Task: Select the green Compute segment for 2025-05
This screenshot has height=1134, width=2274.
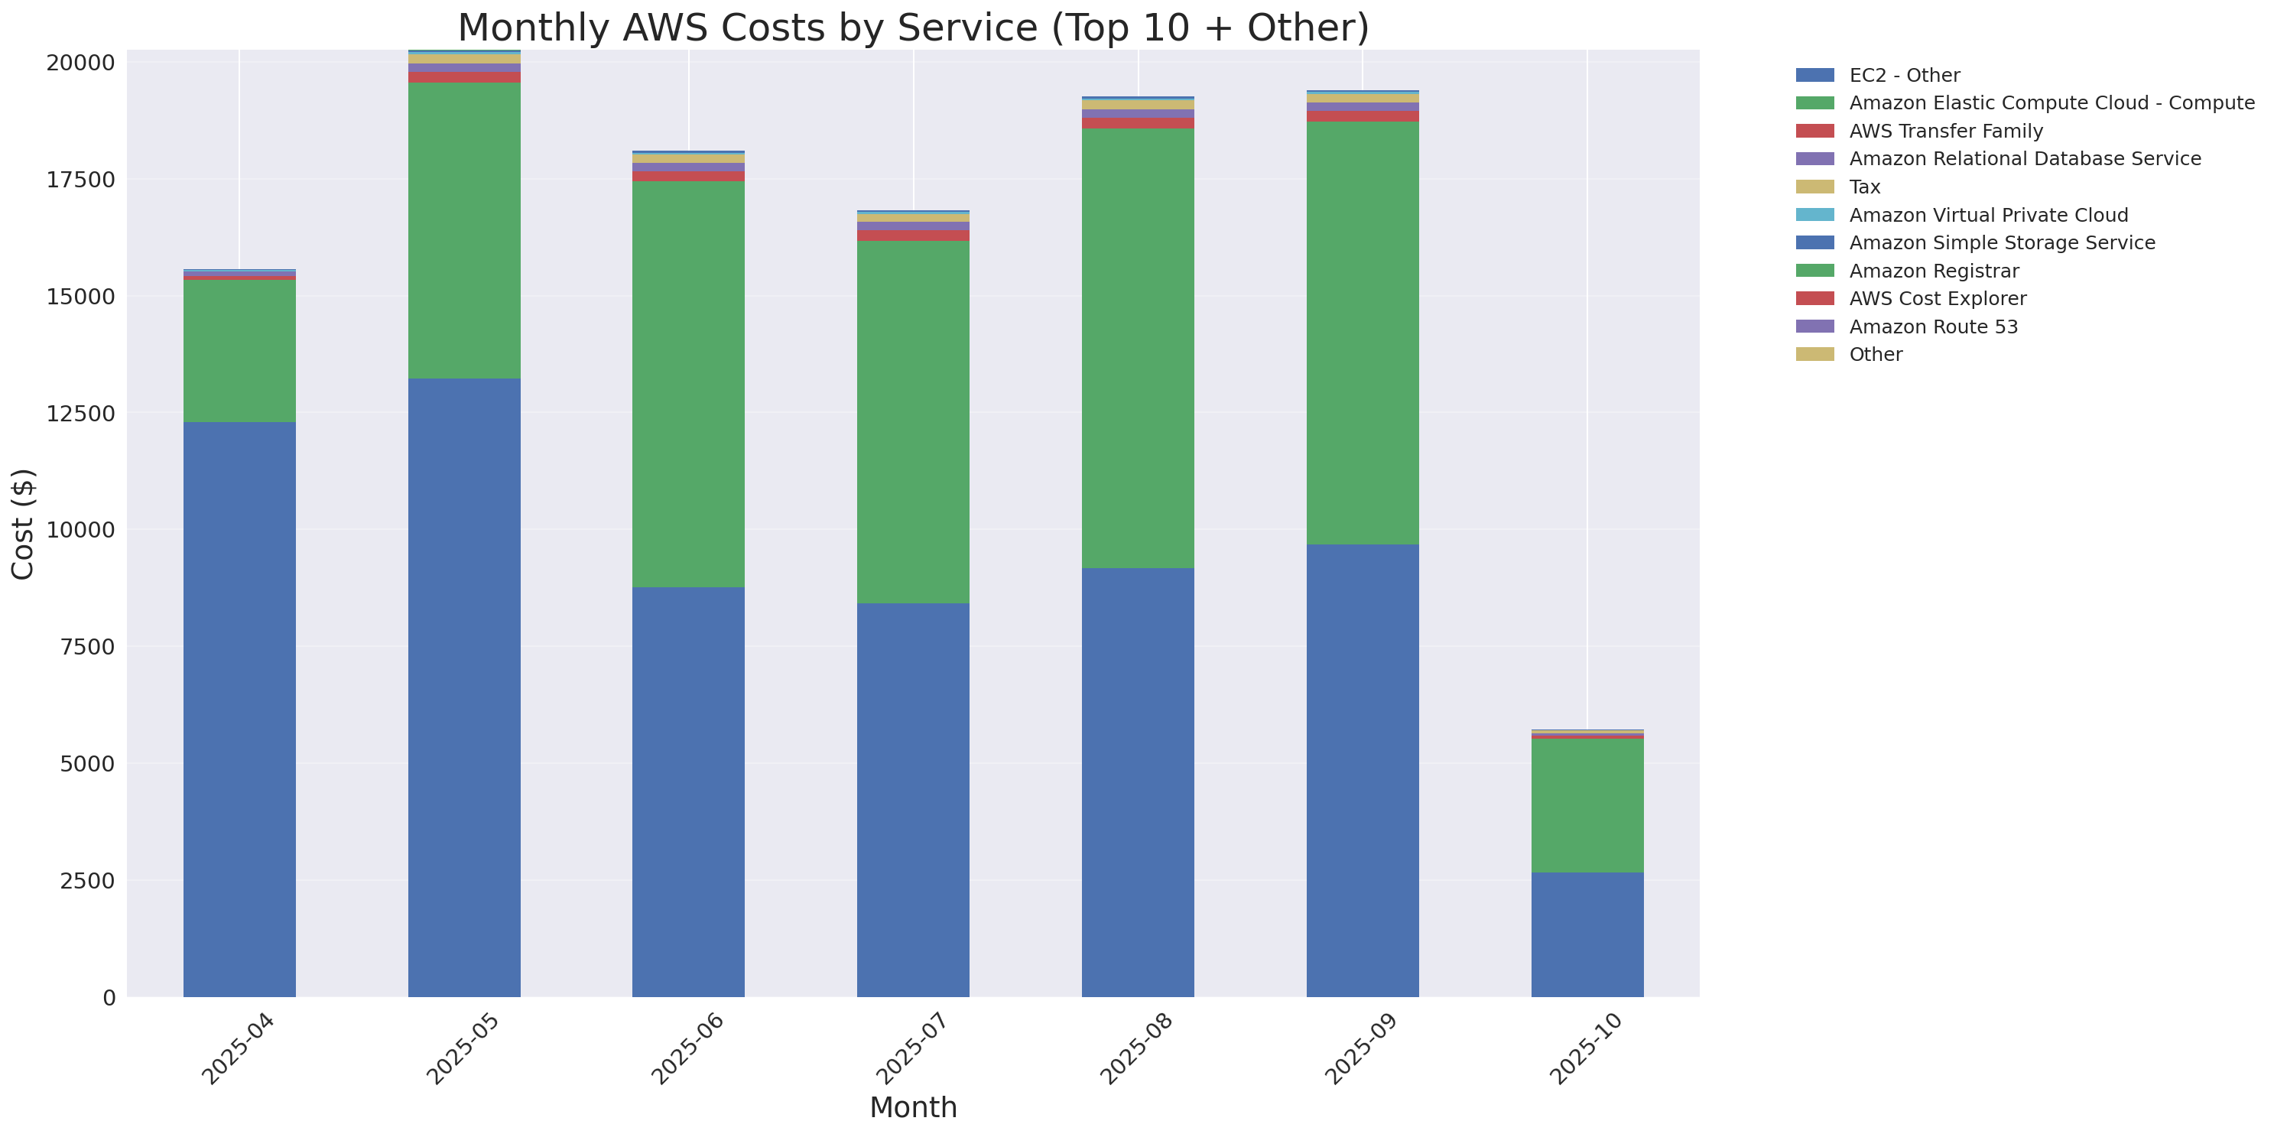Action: coord(463,230)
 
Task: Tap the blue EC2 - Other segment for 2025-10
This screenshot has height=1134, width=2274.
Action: coord(1587,934)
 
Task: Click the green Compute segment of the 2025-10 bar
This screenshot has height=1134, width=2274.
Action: coord(1587,806)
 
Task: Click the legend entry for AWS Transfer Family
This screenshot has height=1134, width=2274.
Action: coord(1946,131)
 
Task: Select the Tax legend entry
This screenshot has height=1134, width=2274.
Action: coord(1864,187)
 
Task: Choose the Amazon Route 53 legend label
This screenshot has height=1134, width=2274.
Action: coord(1933,327)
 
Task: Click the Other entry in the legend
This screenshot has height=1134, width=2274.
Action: coord(1875,354)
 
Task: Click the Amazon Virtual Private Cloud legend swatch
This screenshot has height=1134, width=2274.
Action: coord(1814,214)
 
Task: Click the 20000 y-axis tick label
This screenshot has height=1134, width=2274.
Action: coord(80,63)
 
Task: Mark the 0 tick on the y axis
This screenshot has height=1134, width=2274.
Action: coord(109,998)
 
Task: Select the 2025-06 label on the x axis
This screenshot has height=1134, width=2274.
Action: coord(686,1049)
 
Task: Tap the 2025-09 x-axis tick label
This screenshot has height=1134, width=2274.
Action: coord(1360,1049)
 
